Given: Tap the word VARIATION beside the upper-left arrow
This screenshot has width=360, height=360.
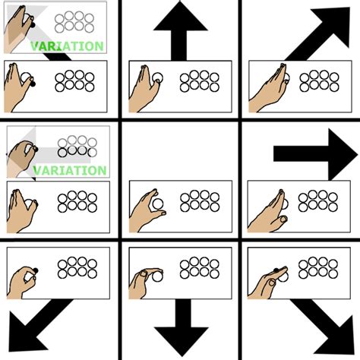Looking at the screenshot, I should (67, 46).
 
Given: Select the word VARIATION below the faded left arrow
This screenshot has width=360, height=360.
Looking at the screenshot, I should (70, 170).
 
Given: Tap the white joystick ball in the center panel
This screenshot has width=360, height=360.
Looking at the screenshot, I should (157, 204).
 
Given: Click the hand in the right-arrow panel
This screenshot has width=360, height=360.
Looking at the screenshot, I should (270, 210).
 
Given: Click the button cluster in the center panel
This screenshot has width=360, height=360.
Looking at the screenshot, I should (199, 201).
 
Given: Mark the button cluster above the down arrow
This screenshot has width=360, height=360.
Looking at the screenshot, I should (199, 267).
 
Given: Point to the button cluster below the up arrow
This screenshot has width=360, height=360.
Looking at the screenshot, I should (199, 81).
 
